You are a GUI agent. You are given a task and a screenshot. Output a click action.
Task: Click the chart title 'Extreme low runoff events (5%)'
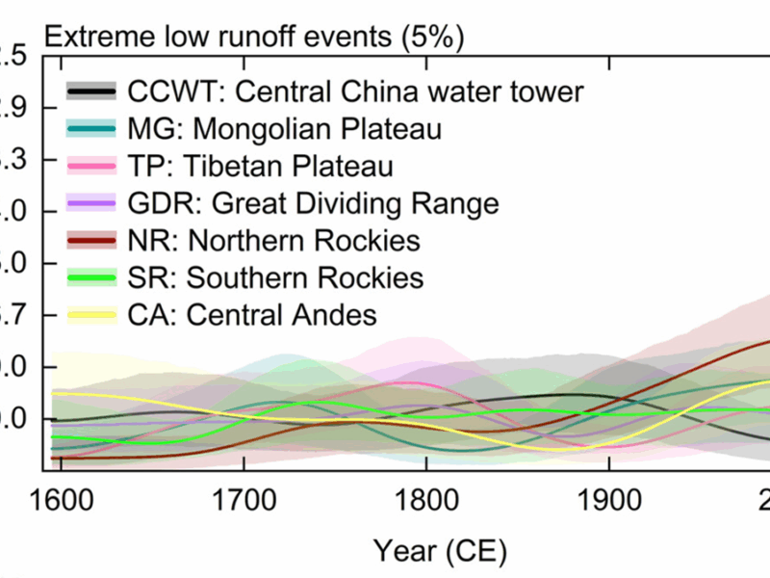[254, 38]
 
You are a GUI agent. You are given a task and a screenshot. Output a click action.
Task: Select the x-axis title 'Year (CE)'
[440, 550]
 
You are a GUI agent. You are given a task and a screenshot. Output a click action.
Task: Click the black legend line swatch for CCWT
[92, 92]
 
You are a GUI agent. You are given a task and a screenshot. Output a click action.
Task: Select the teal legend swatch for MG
[92, 129]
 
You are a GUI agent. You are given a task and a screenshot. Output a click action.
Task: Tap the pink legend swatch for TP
[92, 166]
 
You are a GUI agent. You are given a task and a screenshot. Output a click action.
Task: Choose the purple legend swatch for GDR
[92, 203]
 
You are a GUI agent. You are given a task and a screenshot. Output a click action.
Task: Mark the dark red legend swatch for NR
[92, 240]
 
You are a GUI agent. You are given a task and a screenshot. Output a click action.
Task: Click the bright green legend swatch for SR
[92, 277]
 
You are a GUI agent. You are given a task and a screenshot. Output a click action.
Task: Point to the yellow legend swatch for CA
[92, 314]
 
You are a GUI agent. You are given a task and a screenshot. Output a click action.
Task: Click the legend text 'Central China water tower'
[409, 92]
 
